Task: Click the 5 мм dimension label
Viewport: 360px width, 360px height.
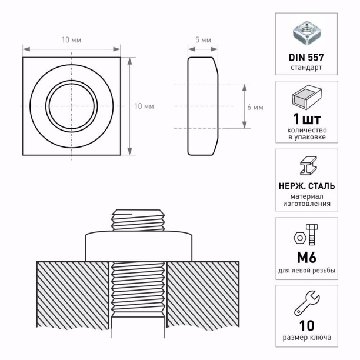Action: pos(203,40)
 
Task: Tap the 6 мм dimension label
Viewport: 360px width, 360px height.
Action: pos(255,107)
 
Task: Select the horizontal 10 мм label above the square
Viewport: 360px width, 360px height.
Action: pos(71,40)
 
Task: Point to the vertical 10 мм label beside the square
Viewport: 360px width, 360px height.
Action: pos(144,106)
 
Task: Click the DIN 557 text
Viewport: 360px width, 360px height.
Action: pos(306,58)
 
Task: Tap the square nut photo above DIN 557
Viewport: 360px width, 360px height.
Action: pos(306,33)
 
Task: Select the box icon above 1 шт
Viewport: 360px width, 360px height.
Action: pos(306,96)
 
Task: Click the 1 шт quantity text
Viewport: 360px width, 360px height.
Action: pos(306,119)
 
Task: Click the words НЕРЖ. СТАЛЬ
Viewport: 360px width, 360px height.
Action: pos(306,186)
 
